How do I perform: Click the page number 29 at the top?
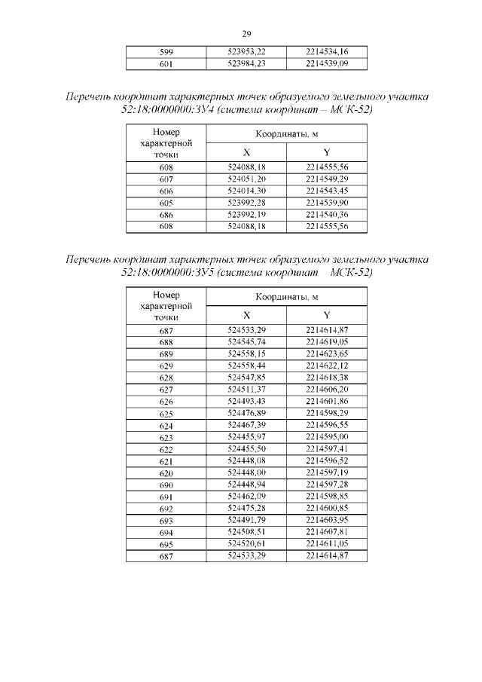pos(246,33)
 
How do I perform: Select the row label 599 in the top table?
pos(166,52)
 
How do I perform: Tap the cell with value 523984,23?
pos(246,64)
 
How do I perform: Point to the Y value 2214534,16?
pos(327,52)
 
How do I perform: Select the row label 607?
pos(166,179)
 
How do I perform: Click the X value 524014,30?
pos(246,191)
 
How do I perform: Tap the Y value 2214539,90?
pos(327,203)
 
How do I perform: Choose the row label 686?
pos(166,215)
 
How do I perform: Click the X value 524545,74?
pos(246,341)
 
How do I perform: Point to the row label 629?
pos(166,365)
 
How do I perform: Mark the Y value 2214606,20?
pos(327,389)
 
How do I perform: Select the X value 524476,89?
pos(246,413)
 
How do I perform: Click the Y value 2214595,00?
pos(327,436)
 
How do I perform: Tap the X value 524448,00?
pos(246,473)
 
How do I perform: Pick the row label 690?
pos(166,485)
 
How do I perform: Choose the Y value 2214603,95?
pos(327,520)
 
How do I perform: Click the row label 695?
pos(166,544)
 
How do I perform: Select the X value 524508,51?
pos(246,532)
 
